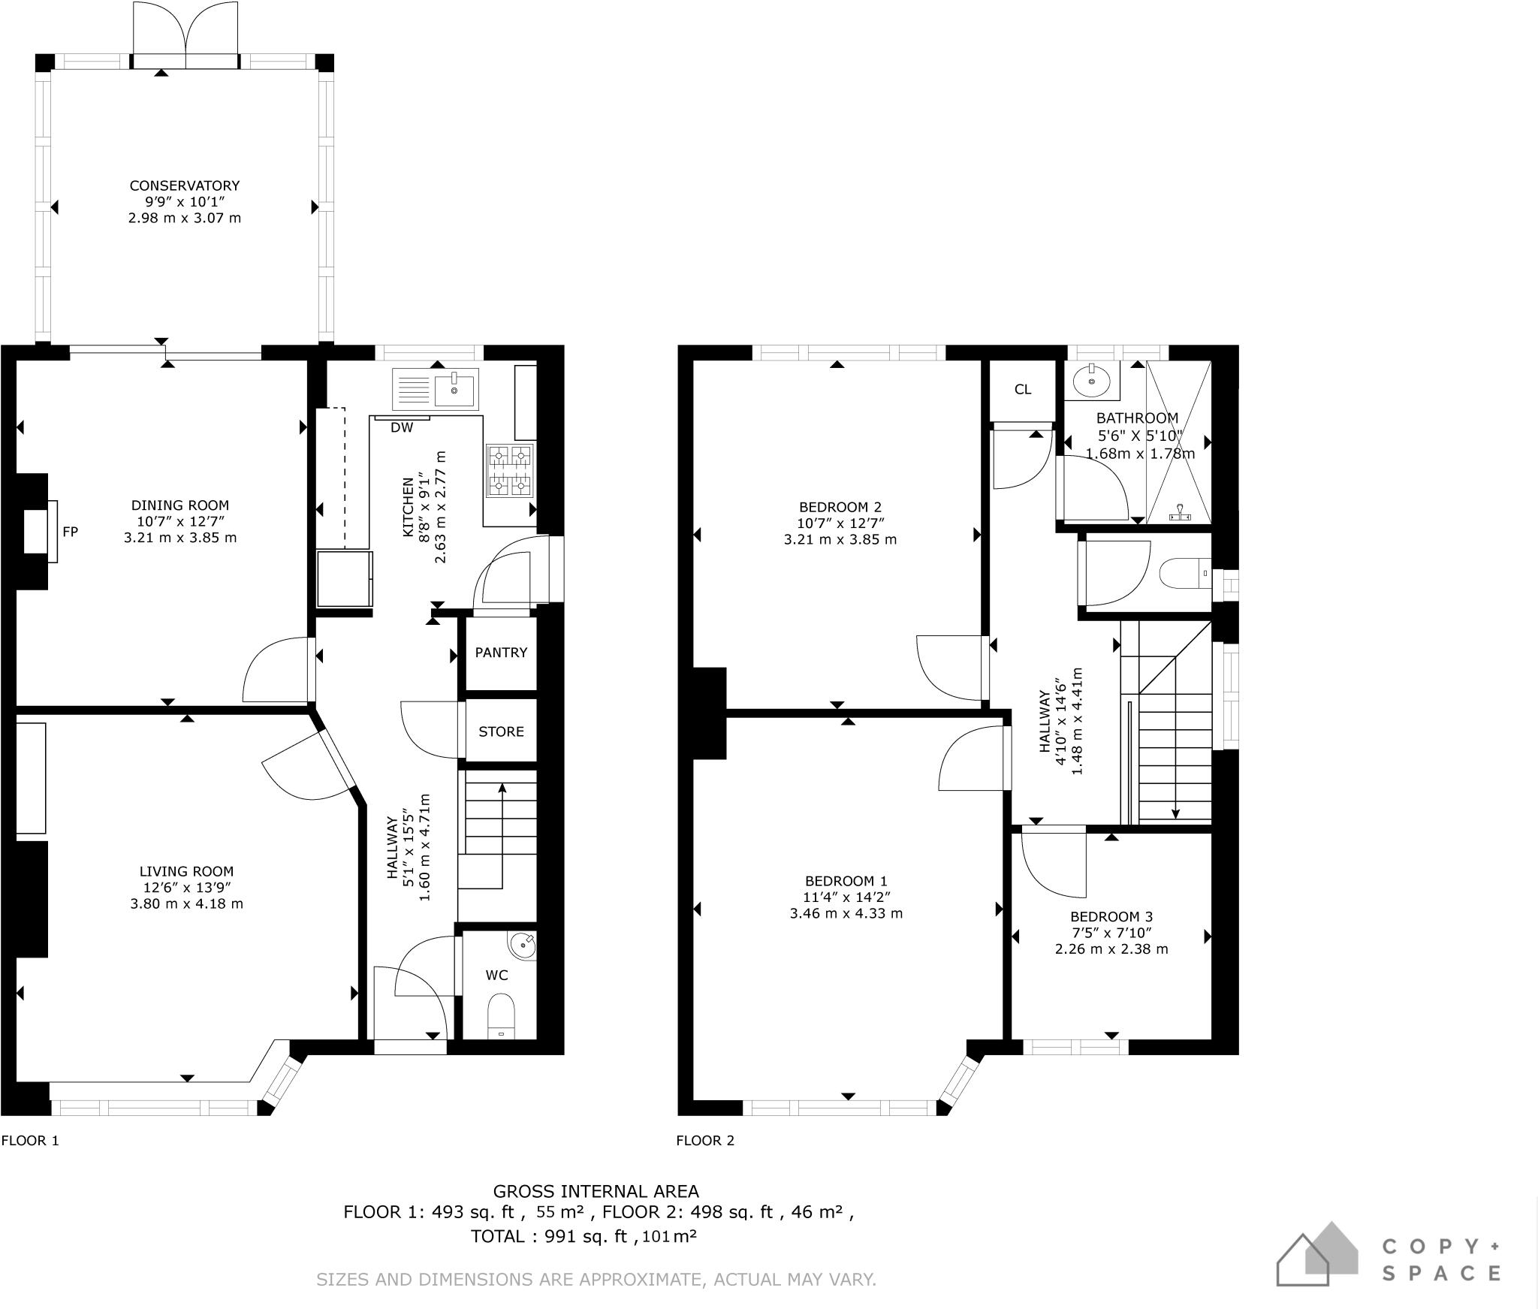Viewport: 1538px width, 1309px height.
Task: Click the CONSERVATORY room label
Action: (185, 185)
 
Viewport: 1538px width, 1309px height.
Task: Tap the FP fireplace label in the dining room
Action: (70, 532)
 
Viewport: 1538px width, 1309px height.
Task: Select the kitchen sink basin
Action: (456, 389)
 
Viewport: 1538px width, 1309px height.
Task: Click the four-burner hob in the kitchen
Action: (511, 470)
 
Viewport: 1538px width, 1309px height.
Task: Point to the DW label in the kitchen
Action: (402, 428)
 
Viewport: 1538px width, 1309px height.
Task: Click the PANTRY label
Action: (501, 653)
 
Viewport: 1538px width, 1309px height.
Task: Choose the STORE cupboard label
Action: (501, 731)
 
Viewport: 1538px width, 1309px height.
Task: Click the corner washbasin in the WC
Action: (523, 945)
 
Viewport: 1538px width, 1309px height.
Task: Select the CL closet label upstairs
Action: (1022, 389)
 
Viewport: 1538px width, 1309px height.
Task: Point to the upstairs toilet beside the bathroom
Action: (1185, 574)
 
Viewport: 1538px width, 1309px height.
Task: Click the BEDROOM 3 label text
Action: (1111, 916)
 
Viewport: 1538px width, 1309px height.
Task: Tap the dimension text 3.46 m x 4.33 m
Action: (846, 914)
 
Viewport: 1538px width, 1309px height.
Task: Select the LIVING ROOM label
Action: (186, 871)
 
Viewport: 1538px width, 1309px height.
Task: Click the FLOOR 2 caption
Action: (705, 1141)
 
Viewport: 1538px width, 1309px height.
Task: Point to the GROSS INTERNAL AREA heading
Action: (596, 1191)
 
